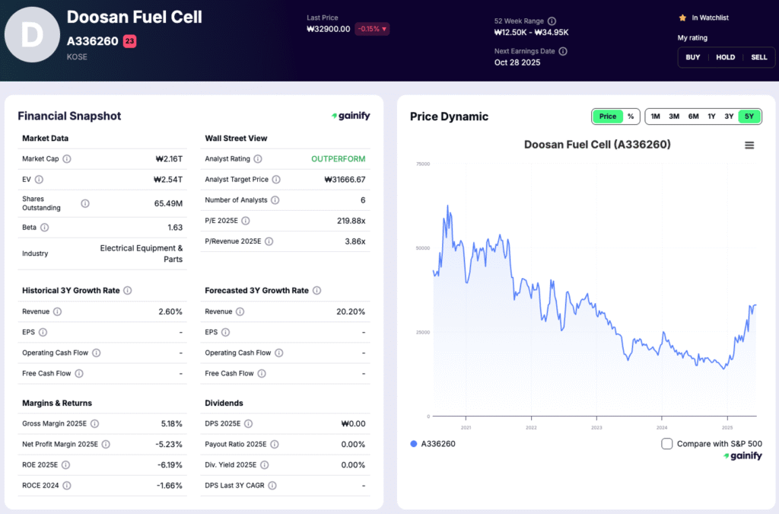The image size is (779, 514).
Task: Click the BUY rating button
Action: (x=693, y=57)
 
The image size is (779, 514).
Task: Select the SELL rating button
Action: (x=758, y=57)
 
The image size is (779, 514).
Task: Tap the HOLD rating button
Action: (x=726, y=57)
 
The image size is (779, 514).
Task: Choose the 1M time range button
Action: (x=655, y=117)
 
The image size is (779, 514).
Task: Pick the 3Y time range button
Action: (x=729, y=117)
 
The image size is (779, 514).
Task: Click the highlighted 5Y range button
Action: (x=749, y=117)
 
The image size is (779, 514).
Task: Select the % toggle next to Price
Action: (x=631, y=117)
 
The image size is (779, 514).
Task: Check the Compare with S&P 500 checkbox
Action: (x=667, y=444)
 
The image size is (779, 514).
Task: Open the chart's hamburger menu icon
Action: (x=749, y=145)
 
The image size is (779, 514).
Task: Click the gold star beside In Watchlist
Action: (x=682, y=18)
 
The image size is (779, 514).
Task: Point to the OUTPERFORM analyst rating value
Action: (x=338, y=159)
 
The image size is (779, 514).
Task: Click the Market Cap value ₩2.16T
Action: (x=168, y=159)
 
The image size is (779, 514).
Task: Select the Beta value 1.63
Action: (x=174, y=228)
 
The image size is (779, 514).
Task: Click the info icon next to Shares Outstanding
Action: (x=85, y=203)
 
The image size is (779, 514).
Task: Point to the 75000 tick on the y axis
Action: (x=422, y=164)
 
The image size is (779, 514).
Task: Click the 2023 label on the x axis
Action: (x=596, y=427)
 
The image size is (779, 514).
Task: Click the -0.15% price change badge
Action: (x=371, y=29)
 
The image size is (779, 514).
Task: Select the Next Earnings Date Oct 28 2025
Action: (x=517, y=62)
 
